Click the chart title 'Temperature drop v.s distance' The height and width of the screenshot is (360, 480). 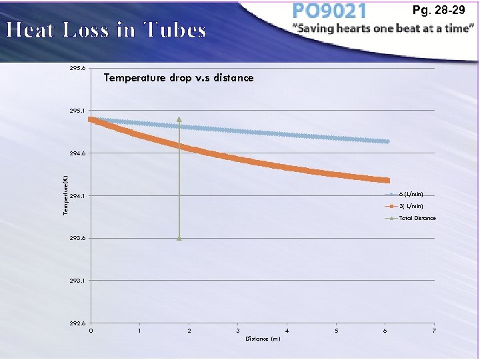click(179, 78)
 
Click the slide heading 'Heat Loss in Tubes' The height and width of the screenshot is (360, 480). click(106, 30)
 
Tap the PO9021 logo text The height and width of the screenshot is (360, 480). click(329, 11)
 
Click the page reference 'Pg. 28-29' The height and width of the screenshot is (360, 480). click(439, 10)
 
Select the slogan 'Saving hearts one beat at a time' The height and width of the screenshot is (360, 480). click(383, 29)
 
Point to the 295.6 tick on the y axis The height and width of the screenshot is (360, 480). click(78, 68)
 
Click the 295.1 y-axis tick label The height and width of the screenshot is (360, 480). click(78, 111)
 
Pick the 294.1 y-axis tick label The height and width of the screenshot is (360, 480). click(78, 196)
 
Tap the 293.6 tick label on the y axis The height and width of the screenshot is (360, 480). click(78, 238)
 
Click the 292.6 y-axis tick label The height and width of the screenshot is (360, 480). click(78, 323)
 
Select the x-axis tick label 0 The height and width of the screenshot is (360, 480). click(91, 331)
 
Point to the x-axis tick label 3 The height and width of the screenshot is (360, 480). click(238, 331)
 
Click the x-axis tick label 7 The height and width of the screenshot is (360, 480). click(434, 331)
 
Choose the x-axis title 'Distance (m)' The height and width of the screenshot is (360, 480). click(262, 339)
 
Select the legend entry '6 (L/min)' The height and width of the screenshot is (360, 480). click(411, 194)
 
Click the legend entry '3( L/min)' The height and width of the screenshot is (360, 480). click(411, 206)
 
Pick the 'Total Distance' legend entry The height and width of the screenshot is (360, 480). click(417, 218)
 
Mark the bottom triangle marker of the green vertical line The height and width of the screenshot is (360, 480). click(179, 237)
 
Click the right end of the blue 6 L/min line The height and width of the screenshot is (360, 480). click(386, 141)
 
